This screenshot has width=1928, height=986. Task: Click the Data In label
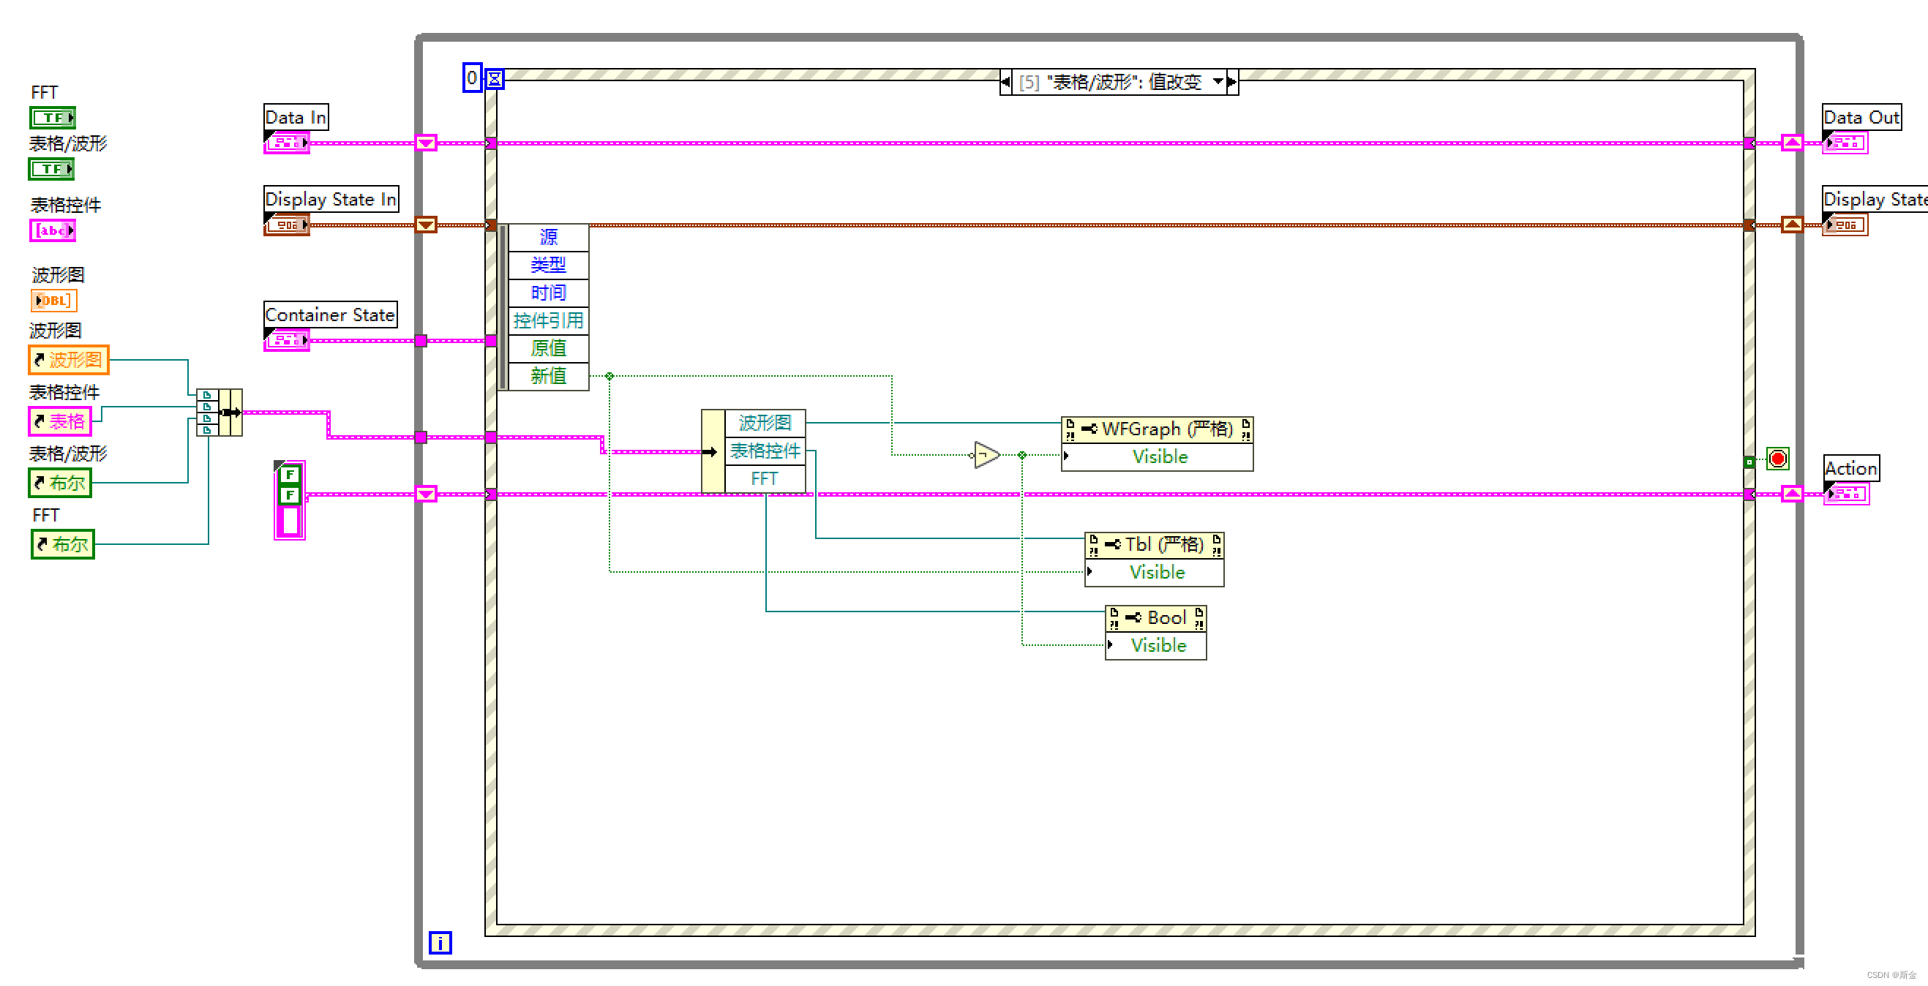click(x=296, y=118)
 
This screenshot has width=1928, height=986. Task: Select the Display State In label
click(x=331, y=200)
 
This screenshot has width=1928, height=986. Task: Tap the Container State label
click(x=330, y=315)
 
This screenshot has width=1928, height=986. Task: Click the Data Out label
click(x=1861, y=118)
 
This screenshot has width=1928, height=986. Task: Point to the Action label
click(x=1850, y=469)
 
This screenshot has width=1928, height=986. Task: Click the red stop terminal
click(x=1777, y=459)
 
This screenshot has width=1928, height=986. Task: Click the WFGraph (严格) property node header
click(x=1157, y=429)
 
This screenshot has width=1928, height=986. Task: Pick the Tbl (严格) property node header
click(x=1154, y=545)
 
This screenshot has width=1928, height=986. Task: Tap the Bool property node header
click(x=1155, y=618)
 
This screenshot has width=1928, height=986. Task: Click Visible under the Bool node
click(x=1158, y=646)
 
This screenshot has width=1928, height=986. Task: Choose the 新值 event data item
click(x=548, y=376)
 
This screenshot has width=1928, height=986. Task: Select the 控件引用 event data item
click(x=548, y=321)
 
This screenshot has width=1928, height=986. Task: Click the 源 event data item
click(x=548, y=237)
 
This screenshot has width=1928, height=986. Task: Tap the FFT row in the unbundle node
click(x=764, y=479)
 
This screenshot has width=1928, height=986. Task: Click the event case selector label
click(x=1119, y=81)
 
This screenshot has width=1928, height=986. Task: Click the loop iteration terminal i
click(x=440, y=943)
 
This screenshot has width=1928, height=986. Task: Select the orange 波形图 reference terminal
click(x=69, y=360)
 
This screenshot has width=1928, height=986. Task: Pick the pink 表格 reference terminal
click(x=60, y=421)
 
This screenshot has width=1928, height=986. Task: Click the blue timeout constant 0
click(x=471, y=78)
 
